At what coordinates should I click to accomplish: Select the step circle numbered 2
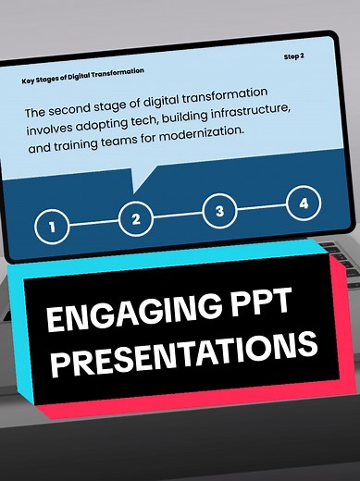coord(135,219)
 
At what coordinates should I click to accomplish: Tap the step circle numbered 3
coord(219,211)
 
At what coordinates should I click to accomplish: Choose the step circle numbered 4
coord(304,203)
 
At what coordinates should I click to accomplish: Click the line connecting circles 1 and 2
coord(93,222)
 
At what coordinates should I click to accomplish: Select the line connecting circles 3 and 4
coord(262,207)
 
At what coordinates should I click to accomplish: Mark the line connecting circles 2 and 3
coord(178,216)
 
